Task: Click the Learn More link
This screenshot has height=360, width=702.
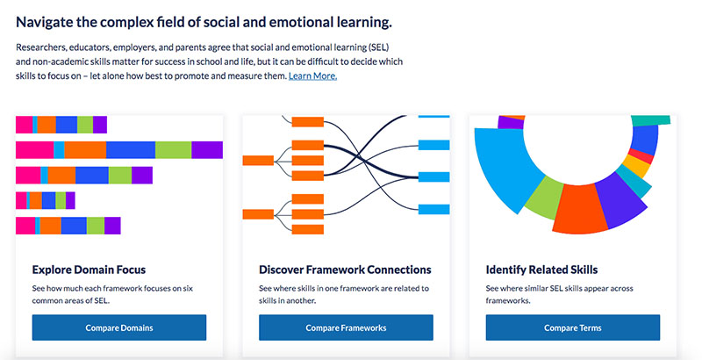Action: click(x=312, y=76)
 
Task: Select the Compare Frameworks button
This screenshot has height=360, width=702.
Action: click(x=346, y=328)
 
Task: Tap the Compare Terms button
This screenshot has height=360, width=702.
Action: click(x=573, y=328)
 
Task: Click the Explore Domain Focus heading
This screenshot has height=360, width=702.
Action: click(x=89, y=270)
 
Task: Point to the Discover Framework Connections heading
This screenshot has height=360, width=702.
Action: click(x=345, y=270)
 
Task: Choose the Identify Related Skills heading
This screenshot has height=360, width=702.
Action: click(x=541, y=270)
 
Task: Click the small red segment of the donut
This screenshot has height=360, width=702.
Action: click(x=642, y=155)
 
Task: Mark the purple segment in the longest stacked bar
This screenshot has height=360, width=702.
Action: click(x=207, y=150)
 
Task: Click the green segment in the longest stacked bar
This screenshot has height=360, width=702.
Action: click(x=173, y=150)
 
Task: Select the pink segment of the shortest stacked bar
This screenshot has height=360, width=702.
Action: click(x=21, y=200)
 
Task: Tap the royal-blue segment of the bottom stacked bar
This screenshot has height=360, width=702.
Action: click(x=74, y=226)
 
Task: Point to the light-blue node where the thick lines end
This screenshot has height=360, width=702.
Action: click(x=433, y=176)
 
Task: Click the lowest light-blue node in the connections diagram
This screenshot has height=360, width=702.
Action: click(x=433, y=209)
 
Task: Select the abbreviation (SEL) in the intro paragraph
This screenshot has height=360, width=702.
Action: click(x=378, y=47)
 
